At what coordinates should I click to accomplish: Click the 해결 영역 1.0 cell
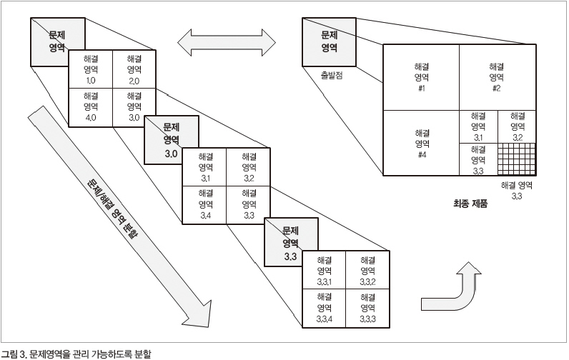tap(91, 69)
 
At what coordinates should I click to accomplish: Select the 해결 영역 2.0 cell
tap(134, 69)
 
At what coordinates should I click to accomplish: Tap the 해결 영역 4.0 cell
tap(91, 107)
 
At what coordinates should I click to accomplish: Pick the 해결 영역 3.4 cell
tap(205, 204)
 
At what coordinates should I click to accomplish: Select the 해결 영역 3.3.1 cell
tap(325, 271)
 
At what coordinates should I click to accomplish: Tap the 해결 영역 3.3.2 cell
tap(368, 271)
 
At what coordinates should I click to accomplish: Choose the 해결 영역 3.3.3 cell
tap(368, 308)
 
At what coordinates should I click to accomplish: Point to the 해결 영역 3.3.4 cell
tap(325, 308)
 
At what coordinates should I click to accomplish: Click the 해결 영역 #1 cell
tap(421, 77)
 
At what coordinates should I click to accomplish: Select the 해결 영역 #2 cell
tap(496, 77)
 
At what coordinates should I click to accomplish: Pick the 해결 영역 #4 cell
tap(421, 144)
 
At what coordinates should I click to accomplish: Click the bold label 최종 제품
tap(470, 203)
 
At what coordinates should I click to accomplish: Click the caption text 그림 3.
tap(12, 353)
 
